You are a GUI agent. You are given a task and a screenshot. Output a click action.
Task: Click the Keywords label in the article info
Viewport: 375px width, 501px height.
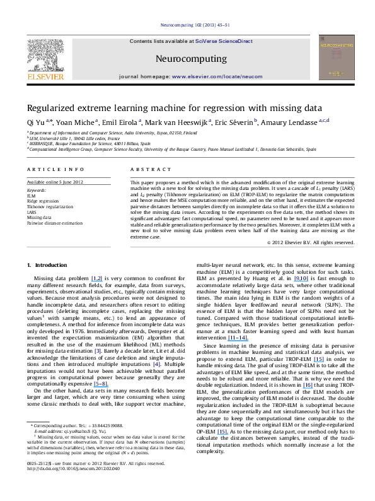(x=37, y=189)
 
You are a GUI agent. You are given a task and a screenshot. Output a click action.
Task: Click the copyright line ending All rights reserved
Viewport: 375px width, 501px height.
(x=308, y=242)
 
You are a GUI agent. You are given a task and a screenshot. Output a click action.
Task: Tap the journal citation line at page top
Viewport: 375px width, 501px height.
(x=187, y=25)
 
